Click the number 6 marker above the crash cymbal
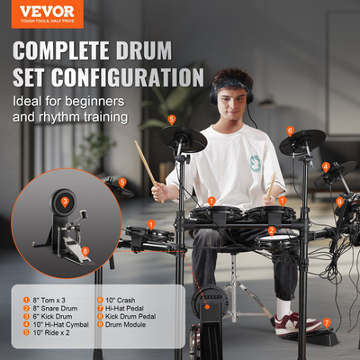click(291, 130)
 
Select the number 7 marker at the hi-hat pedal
click(327, 321)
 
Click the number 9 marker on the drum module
click(339, 202)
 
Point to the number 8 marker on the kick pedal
click(85, 251)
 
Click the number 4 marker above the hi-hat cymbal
click(326, 166)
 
